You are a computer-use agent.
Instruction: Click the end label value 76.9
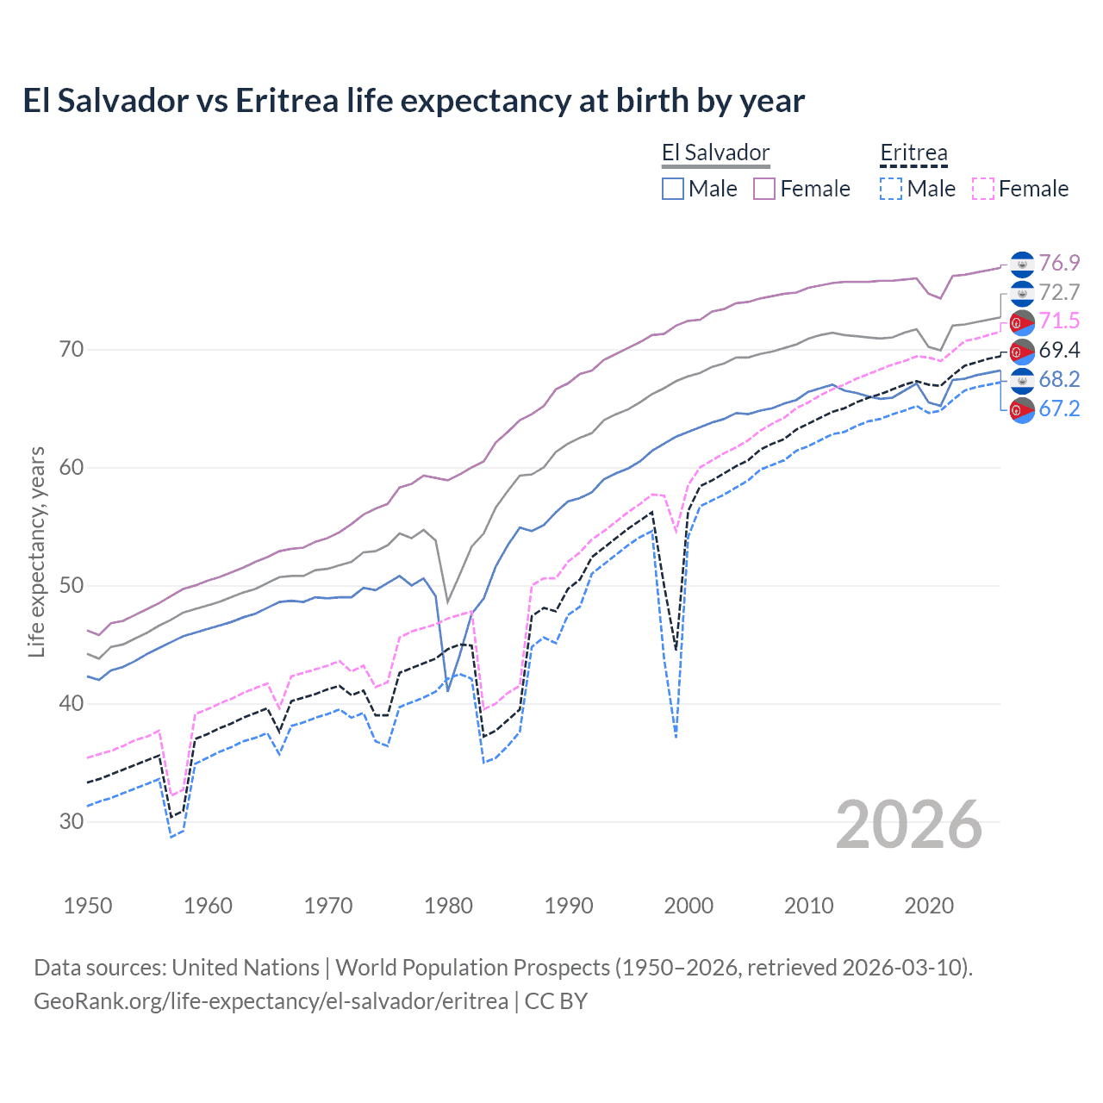tap(1059, 263)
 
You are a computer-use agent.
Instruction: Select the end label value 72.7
tap(1059, 292)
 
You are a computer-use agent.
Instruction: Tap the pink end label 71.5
tap(1059, 321)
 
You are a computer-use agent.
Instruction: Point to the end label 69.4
tap(1059, 350)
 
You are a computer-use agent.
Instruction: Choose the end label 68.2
tap(1059, 379)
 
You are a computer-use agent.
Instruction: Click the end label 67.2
tap(1059, 408)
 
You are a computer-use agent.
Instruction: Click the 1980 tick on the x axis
tap(448, 906)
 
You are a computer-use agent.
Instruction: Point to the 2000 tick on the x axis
tap(689, 906)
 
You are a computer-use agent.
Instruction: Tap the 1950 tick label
tap(88, 906)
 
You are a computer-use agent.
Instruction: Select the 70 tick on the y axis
tap(72, 349)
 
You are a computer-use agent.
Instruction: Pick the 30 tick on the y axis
tap(72, 821)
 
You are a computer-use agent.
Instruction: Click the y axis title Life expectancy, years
tap(36, 551)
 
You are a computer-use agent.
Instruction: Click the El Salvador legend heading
tap(715, 153)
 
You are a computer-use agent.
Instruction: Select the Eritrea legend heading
tap(913, 153)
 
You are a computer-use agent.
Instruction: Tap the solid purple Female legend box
tap(764, 189)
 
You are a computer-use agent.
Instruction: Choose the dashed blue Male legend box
tap(891, 189)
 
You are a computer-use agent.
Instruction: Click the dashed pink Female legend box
tap(983, 189)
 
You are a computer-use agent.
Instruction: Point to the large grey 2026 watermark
tap(908, 825)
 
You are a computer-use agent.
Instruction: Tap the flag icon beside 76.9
tap(1022, 263)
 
